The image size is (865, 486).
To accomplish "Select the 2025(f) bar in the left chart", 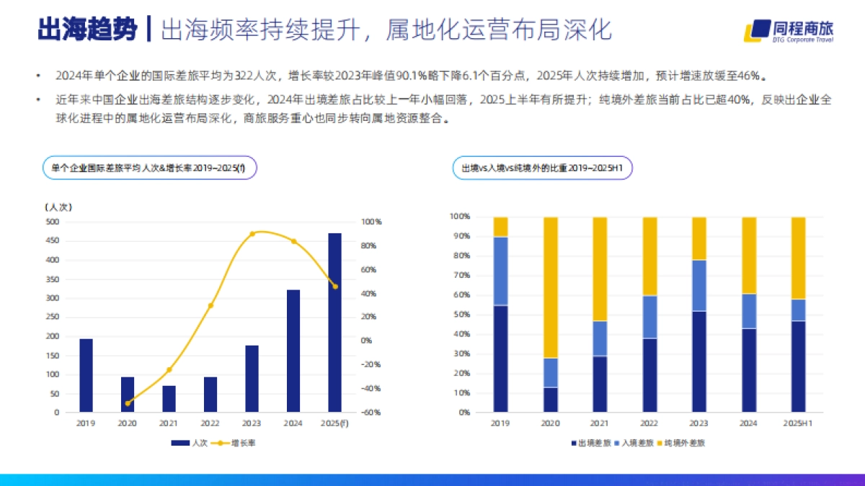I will point(334,323).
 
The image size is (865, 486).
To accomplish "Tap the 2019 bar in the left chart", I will point(86,375).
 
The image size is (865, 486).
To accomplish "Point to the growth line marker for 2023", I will point(252,234).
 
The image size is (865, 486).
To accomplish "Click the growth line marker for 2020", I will point(128,403).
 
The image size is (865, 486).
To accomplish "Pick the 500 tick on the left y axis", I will point(53,222).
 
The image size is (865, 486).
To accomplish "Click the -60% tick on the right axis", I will point(371,413).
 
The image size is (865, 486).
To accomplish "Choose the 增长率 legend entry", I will point(236,443).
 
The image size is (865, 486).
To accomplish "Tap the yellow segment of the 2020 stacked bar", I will point(550,287).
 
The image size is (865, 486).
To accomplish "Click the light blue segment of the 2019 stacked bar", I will point(501,271).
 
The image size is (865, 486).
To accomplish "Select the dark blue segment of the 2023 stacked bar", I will point(699,361).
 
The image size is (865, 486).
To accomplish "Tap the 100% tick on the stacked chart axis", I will point(460,217).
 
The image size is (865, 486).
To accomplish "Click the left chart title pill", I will point(149,168).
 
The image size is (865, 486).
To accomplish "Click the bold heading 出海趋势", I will point(86,30).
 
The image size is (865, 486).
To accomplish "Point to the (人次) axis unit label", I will point(58,207).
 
